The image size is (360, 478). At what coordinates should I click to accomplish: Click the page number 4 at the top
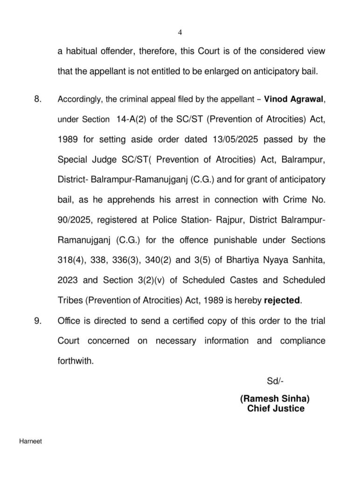tap(180, 32)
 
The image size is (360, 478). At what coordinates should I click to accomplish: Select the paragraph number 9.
tap(38, 321)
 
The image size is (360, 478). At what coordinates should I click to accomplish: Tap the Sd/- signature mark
tap(275, 381)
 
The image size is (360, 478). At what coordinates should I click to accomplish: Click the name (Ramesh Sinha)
tap(275, 400)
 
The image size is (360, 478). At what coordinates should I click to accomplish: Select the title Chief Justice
tap(276, 409)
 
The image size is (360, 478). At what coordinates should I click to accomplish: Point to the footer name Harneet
tap(30, 441)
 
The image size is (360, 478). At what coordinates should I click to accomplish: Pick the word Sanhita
tap(310, 260)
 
